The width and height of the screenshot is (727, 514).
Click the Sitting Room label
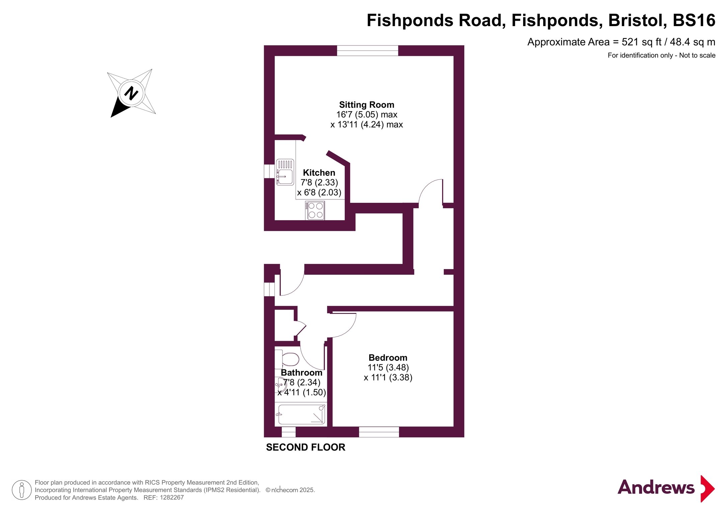[367, 105]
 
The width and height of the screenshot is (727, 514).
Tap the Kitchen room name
[319, 173]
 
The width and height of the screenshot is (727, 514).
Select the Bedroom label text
[388, 358]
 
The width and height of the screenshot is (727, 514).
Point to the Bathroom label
[301, 372]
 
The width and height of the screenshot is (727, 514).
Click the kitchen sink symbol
[285, 172]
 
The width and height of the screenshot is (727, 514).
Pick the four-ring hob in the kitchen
[315, 210]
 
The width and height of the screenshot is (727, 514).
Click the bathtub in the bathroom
[301, 414]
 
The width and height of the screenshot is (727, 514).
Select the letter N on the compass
[131, 93]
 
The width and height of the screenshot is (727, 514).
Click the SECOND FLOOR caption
[306, 447]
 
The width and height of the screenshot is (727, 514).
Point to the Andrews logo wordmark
[656, 487]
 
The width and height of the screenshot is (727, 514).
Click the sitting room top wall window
[368, 51]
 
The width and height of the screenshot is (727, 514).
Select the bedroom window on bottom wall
[379, 432]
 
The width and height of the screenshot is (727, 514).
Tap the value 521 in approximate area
[630, 42]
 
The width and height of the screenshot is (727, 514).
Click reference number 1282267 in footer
[172, 498]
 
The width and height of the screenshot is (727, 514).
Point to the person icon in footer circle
[22, 490]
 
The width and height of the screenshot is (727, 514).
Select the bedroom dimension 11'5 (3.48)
[388, 367]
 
